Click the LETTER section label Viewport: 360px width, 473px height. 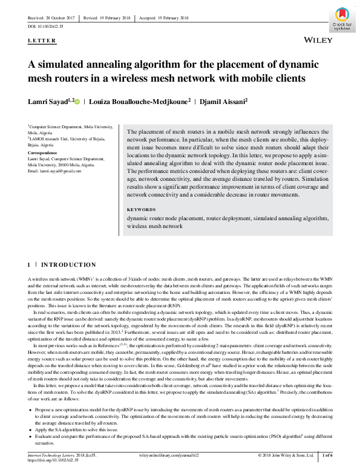coord(42,41)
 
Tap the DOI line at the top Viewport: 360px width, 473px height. coord(46,27)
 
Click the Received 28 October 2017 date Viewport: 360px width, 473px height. coord(51,18)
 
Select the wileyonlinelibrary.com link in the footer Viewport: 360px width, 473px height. coord(163,454)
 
